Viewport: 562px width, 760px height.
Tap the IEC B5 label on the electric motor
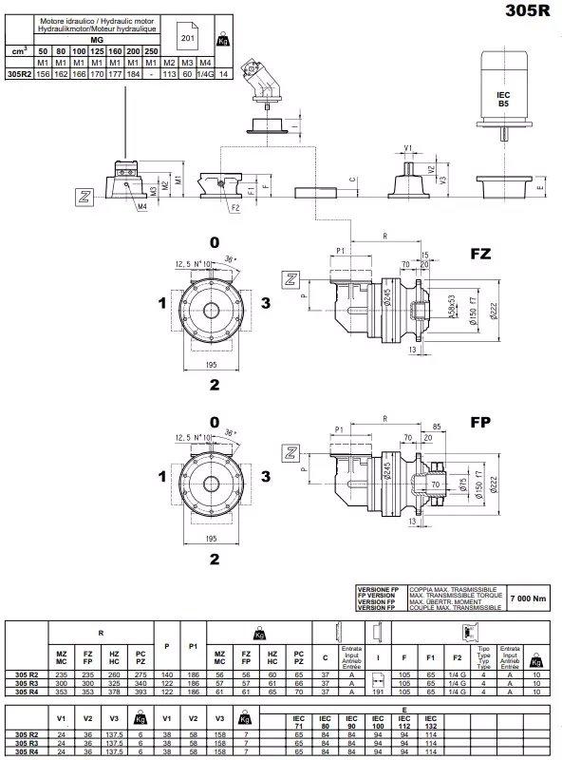coord(503,100)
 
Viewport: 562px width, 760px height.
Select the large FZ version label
coord(481,255)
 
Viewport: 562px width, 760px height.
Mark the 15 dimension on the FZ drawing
coord(425,255)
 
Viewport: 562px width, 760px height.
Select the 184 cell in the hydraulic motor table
coord(134,72)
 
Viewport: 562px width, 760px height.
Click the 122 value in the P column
coord(168,682)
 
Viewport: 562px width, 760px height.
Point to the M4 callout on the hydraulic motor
coord(140,204)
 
